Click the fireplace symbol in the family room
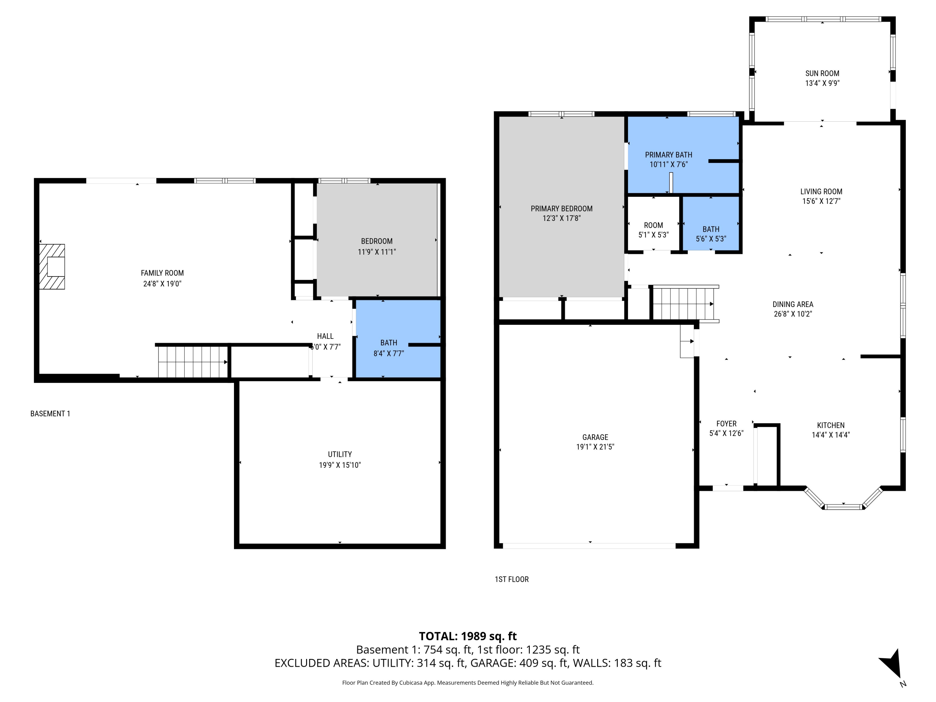pos(52,266)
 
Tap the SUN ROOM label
pos(822,73)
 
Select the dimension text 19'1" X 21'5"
pos(595,446)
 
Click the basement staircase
pos(193,361)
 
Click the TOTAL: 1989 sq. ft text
pos(468,636)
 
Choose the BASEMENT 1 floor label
pos(50,413)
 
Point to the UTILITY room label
pos(340,454)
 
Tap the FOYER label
pos(726,424)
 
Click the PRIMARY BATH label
pos(668,155)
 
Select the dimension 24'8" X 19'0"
pos(162,284)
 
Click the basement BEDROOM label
pos(377,241)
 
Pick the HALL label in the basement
pos(325,336)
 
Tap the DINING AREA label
pos(792,304)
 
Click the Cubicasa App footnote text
pos(468,683)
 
